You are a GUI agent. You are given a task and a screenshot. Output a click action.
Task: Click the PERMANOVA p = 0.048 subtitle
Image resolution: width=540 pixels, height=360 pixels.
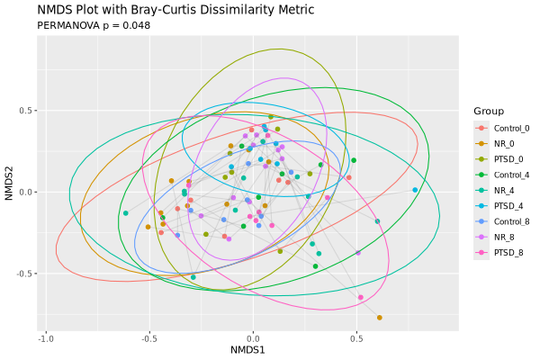click(x=94, y=25)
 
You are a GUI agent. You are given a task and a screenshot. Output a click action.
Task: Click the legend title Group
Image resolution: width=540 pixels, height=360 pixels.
click(x=488, y=111)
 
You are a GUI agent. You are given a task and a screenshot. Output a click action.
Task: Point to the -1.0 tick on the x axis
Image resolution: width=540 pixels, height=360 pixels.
click(x=46, y=338)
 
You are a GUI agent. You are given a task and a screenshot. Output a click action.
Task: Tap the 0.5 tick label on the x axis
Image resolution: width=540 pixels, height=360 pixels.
click(x=356, y=338)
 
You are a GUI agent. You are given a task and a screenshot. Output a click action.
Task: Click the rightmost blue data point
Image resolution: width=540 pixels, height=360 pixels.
click(x=415, y=190)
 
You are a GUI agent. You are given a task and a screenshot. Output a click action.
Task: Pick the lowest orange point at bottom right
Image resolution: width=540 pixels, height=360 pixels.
click(x=380, y=318)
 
